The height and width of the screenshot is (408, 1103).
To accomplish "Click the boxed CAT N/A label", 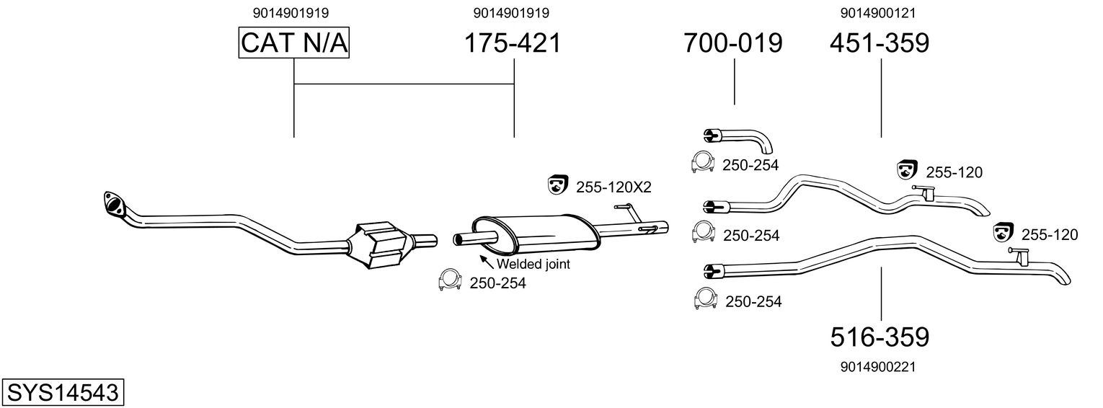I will point(294,43).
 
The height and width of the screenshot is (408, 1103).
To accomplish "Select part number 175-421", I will point(512,43).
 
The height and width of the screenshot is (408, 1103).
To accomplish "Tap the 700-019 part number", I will point(733,43).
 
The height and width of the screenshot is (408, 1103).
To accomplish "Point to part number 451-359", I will point(880,43).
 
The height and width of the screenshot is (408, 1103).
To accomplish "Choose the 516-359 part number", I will point(880,337).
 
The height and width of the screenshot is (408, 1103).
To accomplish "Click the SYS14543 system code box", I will point(63,393).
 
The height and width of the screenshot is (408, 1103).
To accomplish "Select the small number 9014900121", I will point(878,12).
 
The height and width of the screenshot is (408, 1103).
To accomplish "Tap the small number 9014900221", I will point(878,367).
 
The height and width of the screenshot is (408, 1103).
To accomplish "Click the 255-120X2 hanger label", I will point(613,187).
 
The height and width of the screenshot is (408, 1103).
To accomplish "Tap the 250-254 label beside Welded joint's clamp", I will point(497,283).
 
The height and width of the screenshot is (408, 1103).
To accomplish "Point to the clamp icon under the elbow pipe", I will point(702,163).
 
